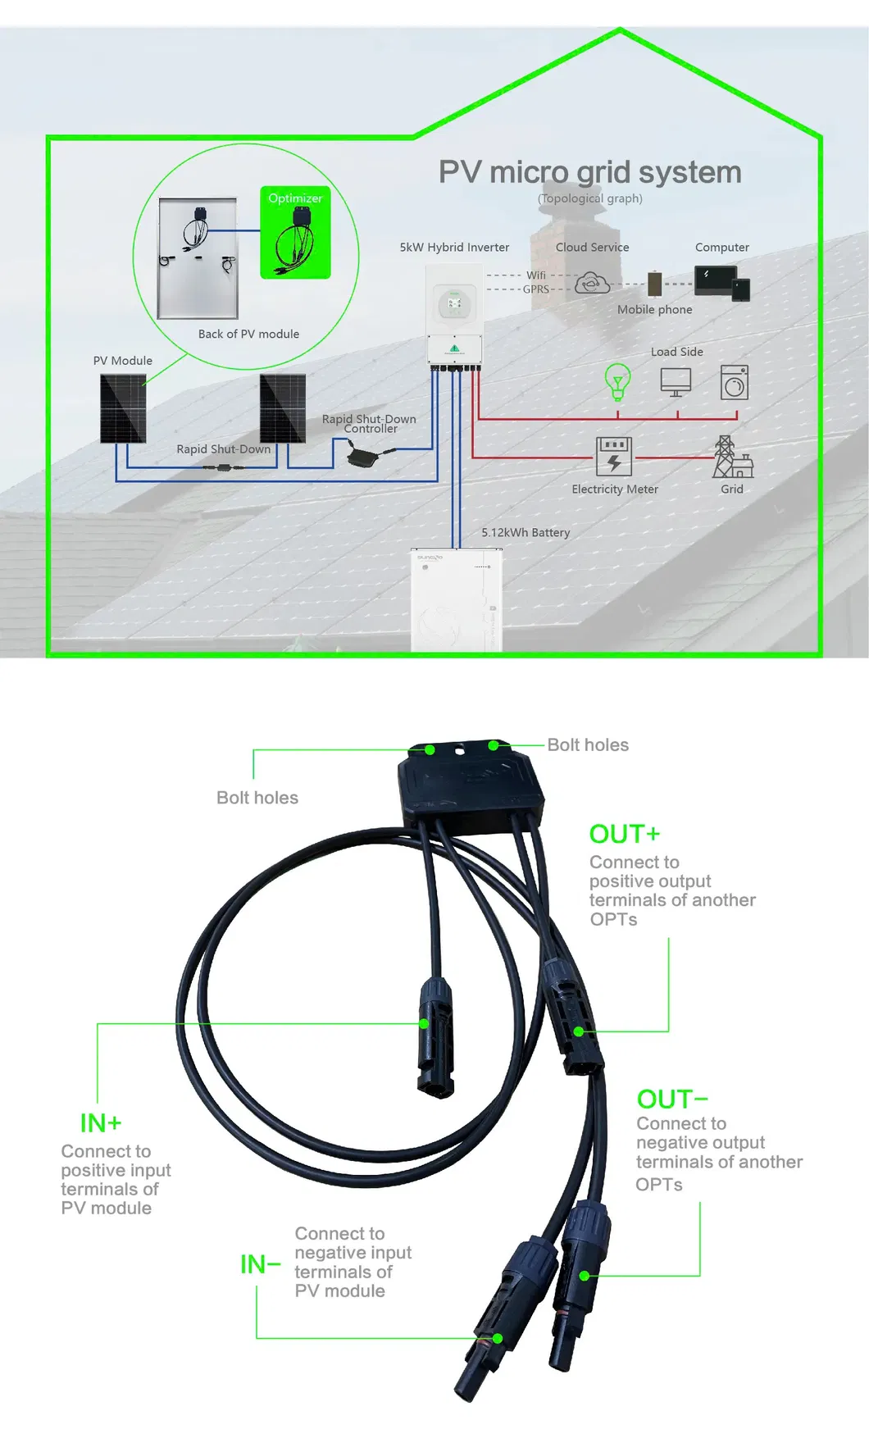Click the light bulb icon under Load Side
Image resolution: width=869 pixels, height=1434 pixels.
[x=617, y=381]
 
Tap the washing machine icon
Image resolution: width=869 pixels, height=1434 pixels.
[x=735, y=382]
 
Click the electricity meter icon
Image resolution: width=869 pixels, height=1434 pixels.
[x=614, y=456]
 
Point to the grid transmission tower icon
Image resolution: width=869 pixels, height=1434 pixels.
[x=726, y=456]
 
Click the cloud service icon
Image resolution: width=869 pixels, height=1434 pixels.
[x=592, y=284]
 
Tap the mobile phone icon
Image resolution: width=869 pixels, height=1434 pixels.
[x=655, y=284]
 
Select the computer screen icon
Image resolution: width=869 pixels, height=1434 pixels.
[x=716, y=281]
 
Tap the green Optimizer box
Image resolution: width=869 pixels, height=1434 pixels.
[x=295, y=233]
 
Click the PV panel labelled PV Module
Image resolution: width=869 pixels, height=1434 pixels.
[x=123, y=408]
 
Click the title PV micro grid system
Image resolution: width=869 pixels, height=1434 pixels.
[x=589, y=172]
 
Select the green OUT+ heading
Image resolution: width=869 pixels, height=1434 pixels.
[x=624, y=834]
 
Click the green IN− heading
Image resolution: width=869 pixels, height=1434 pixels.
[x=260, y=1264]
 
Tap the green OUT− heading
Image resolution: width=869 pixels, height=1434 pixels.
[x=671, y=1099]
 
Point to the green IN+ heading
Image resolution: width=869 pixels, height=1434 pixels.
[x=100, y=1122]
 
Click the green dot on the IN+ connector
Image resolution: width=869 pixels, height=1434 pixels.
[x=424, y=1023]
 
